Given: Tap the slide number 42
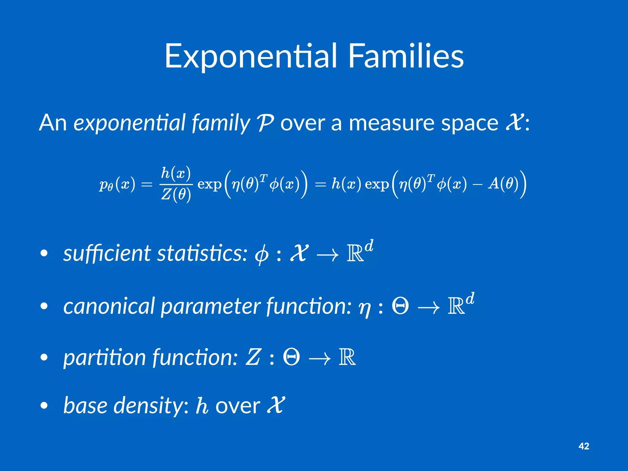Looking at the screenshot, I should pos(584,446).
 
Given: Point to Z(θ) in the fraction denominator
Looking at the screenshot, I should pos(176,194).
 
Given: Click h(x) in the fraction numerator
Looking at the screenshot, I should pos(176,174).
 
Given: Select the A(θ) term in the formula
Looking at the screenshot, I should pos(503,184).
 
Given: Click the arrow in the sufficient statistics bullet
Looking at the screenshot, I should pos(327,255).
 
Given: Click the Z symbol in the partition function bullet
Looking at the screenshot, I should pos(253,357).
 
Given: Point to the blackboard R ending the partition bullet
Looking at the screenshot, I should pos(347,357).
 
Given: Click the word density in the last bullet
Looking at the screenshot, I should pos(152,405).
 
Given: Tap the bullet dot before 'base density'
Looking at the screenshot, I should pos(44,406).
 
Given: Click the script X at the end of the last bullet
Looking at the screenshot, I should pos(276,405).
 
